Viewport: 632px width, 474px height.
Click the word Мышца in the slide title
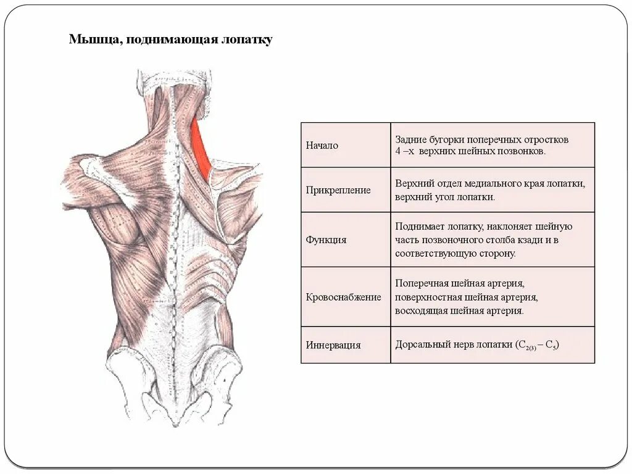point(88,40)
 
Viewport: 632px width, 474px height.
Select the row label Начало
point(322,146)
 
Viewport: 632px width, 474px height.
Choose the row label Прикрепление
point(338,190)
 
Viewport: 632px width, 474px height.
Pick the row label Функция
point(326,239)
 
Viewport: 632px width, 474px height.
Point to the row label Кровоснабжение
point(343,297)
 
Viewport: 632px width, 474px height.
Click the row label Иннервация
point(333,345)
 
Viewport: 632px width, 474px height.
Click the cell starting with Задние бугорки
point(492,145)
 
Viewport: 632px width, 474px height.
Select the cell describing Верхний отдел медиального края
point(492,190)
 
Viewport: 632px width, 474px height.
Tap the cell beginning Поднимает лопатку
point(492,239)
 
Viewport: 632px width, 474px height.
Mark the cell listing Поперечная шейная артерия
point(492,297)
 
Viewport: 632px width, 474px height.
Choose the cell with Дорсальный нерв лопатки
point(492,345)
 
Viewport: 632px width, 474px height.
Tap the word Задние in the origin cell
point(410,139)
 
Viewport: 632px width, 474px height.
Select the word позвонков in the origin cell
point(524,151)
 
